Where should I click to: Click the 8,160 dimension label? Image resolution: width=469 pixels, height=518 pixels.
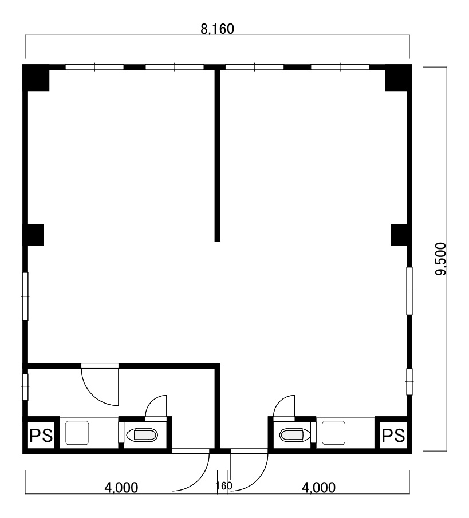click(217, 29)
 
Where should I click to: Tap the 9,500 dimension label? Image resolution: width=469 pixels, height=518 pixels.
click(440, 259)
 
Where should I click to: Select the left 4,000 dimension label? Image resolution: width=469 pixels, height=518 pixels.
click(121, 487)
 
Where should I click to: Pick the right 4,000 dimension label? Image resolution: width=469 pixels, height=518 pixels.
click(318, 487)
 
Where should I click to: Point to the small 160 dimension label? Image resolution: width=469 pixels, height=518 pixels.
click(224, 485)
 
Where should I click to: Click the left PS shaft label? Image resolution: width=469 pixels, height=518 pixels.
click(41, 436)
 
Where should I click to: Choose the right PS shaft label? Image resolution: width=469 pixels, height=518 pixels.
click(393, 436)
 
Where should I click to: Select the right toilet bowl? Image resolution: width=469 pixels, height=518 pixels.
click(294, 435)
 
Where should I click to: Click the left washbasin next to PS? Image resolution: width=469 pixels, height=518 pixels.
click(77, 433)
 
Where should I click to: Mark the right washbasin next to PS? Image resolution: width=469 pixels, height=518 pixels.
click(333, 433)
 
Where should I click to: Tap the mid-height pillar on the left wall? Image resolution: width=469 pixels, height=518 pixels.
click(33, 235)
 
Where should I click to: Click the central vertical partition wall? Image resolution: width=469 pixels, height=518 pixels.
click(217, 155)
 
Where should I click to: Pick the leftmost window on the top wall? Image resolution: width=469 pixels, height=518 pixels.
click(94, 67)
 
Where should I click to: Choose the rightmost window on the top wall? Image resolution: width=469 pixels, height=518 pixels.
click(340, 67)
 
